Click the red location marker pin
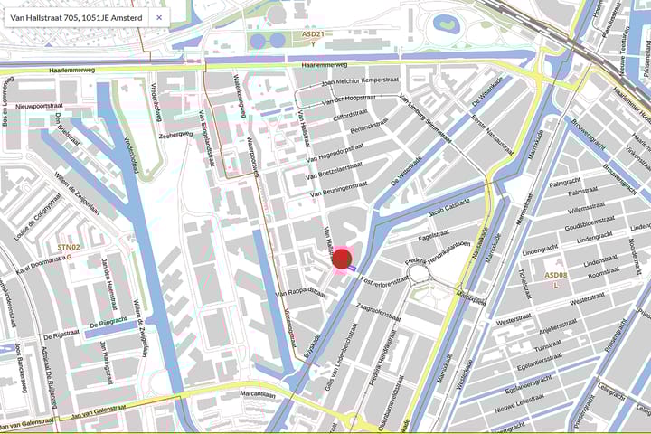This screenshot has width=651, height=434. pos(342,260)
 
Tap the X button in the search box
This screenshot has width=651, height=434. pos(159,17)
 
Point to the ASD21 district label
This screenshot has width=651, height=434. pos(313,33)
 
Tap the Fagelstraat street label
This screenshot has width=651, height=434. pos(434,235)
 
